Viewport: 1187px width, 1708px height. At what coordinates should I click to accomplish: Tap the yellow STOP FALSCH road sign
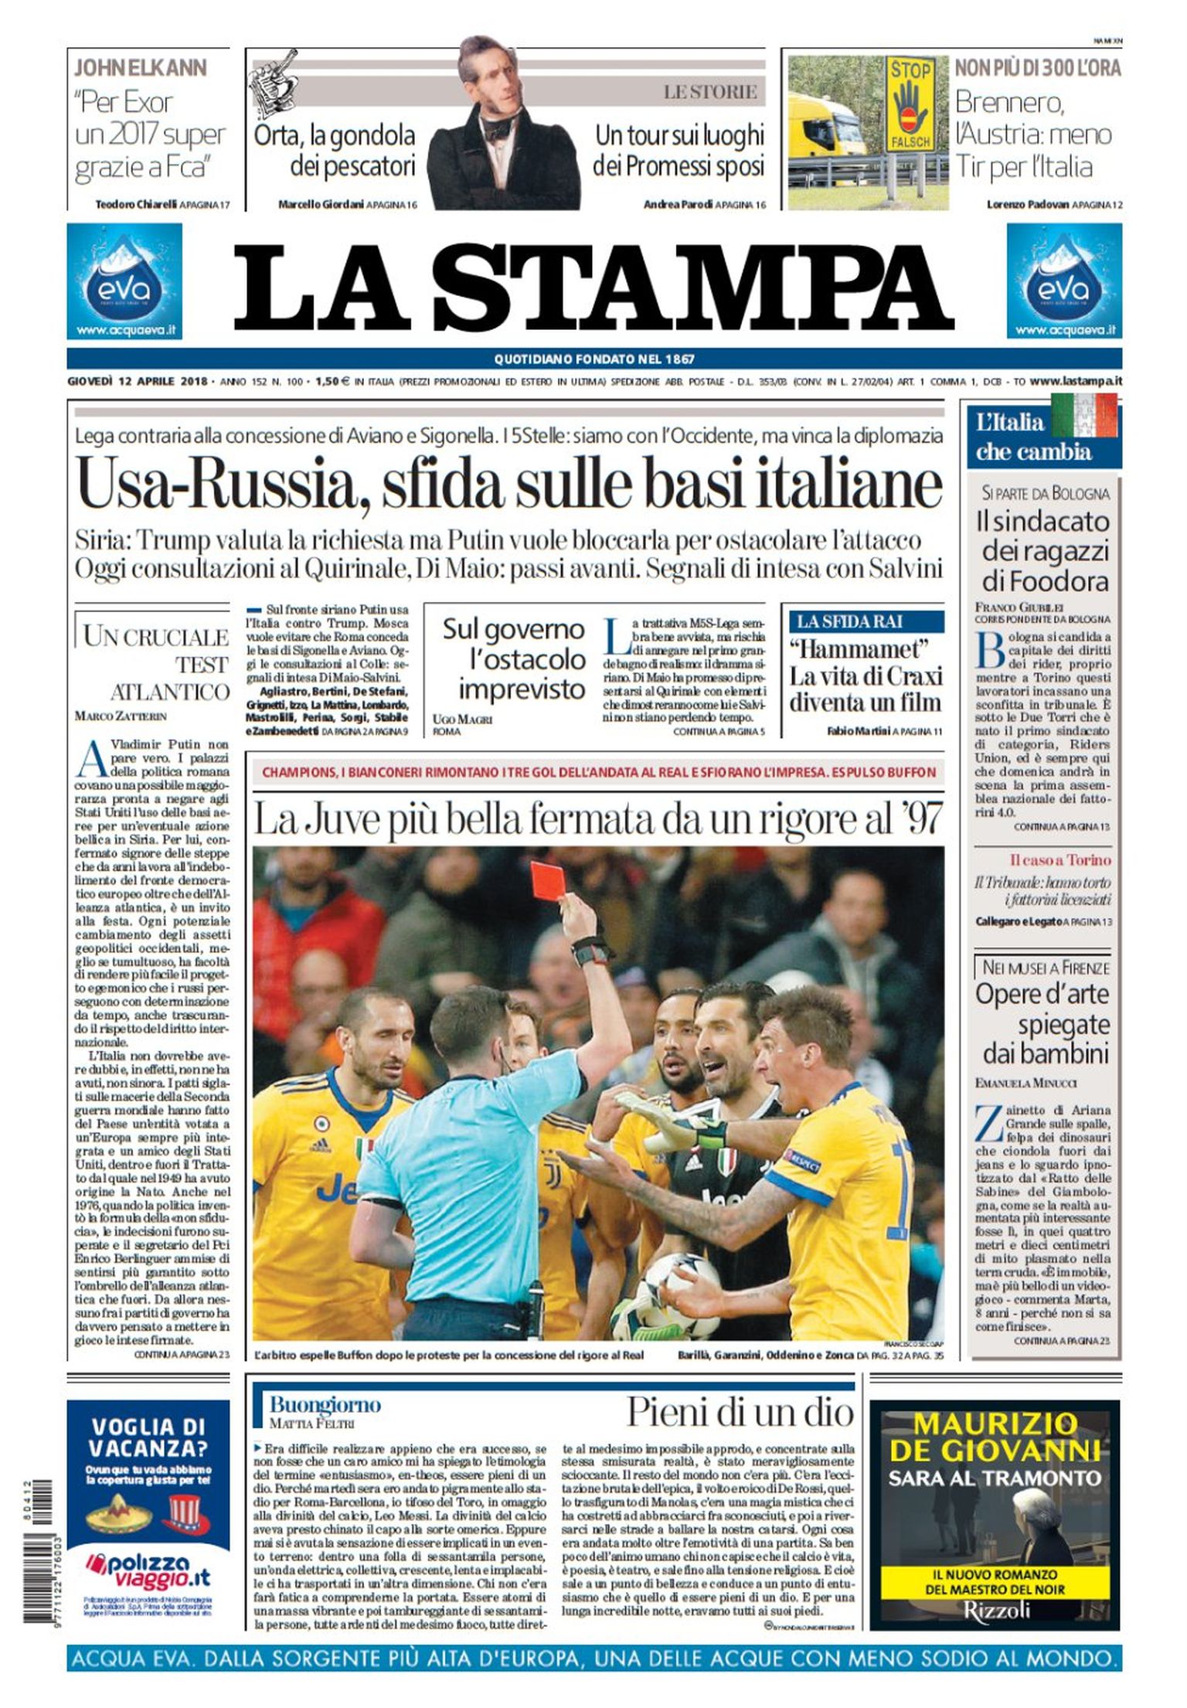910,104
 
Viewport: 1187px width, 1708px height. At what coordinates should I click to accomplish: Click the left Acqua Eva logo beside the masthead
124,281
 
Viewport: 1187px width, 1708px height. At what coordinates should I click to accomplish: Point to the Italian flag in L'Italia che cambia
1083,415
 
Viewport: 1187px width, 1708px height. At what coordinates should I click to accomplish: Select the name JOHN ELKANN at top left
140,68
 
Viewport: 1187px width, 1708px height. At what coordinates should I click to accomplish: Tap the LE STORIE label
710,92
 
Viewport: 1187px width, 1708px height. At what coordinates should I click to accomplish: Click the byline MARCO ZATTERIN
120,716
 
